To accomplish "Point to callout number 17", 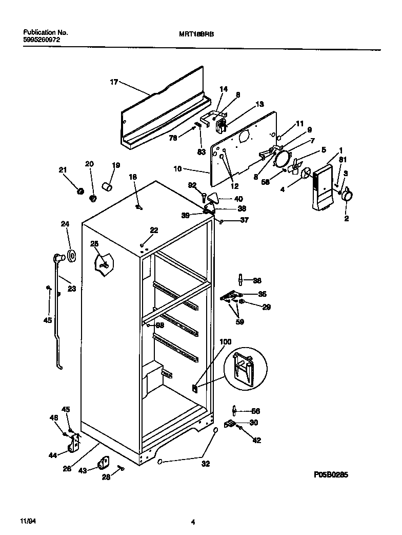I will click(x=114, y=81).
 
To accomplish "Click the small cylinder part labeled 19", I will click(x=107, y=185).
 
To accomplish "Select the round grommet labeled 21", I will click(x=79, y=191).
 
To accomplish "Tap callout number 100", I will click(x=226, y=341).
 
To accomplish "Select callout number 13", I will click(x=259, y=104).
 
